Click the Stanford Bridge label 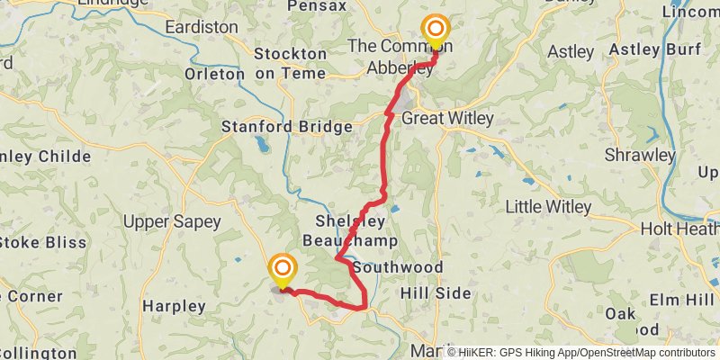[287, 128]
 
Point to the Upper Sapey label [159, 221]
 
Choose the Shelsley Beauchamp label [350, 231]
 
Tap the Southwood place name [399, 268]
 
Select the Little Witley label [548, 207]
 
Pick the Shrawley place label [639, 155]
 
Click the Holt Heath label [679, 229]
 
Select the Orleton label [213, 74]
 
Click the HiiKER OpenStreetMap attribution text [580, 352]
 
